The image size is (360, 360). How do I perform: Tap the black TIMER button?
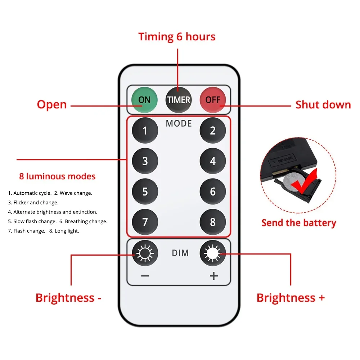pos(179,100)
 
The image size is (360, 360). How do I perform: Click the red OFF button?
pos(213,100)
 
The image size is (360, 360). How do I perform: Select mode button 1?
pos(145,130)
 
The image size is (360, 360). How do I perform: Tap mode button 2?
pos(213,130)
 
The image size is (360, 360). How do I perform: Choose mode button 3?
pos(145,161)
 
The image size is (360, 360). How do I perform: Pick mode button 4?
pos(213,161)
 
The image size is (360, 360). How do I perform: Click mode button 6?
pos(213,192)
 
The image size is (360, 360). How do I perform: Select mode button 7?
pos(145,222)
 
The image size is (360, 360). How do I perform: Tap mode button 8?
pos(213,222)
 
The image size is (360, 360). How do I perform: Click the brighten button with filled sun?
pos(213,253)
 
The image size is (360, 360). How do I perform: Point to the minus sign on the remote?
pos(145,276)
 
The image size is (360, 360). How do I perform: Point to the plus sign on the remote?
pos(214,276)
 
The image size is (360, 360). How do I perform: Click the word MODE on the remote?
pos(179,123)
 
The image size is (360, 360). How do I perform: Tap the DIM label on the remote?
pos(180,253)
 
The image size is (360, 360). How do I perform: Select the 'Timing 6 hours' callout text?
pos(177,37)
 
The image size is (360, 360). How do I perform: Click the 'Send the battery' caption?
pos(299,223)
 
